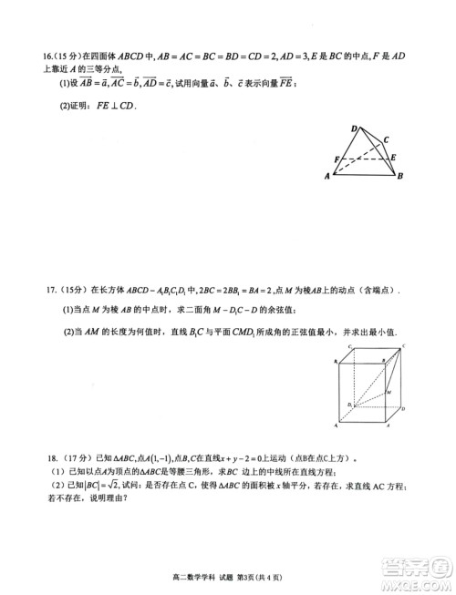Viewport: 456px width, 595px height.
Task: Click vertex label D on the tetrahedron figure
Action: [x=355, y=130]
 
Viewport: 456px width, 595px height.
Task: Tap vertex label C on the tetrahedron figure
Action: [x=387, y=140]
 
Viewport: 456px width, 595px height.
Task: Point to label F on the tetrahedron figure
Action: [x=337, y=159]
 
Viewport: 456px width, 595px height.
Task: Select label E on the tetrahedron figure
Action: [x=393, y=158]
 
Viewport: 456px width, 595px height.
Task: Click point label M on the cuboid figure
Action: [x=390, y=389]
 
